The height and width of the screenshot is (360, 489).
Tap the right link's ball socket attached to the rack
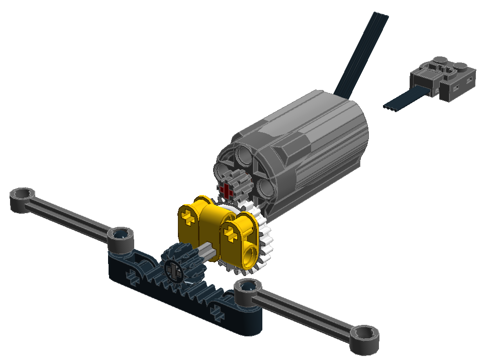(246, 289)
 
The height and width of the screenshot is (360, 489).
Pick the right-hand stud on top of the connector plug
(460, 64)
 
